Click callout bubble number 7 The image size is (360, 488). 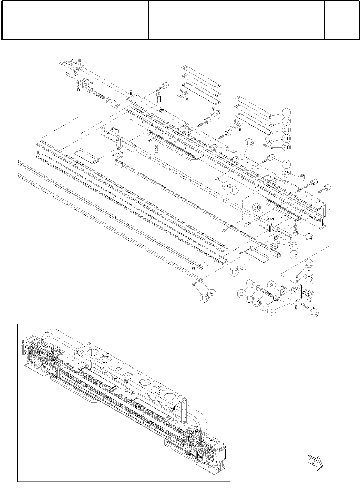[x=287, y=113]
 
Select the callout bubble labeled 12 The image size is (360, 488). [x=287, y=121]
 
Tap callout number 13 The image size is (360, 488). [x=249, y=142]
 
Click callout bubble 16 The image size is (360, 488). [x=234, y=272]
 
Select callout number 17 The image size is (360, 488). [x=204, y=298]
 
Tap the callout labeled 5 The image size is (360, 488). [x=212, y=294]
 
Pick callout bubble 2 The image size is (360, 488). [x=242, y=294]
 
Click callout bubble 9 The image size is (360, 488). [x=272, y=285]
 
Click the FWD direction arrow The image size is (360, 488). [x=315, y=463]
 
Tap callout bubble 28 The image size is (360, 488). [x=287, y=147]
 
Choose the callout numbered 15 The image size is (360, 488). [x=294, y=255]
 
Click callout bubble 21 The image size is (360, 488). [x=309, y=264]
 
